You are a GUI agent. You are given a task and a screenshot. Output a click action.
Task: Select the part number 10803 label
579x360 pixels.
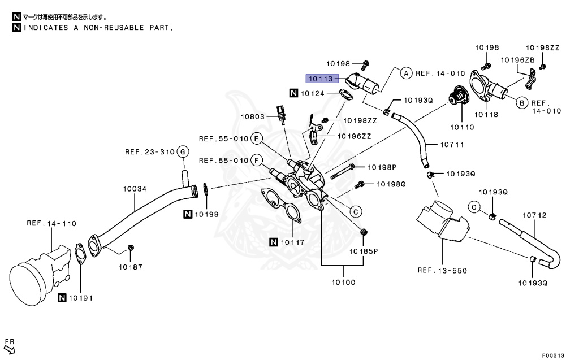[252, 117]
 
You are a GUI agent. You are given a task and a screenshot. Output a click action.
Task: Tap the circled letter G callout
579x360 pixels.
[182, 151]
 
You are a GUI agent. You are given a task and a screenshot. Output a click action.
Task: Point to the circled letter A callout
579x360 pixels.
[406, 73]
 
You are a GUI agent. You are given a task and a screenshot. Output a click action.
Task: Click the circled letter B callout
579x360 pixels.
[521, 102]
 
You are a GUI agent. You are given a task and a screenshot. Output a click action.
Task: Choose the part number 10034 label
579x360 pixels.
[134, 190]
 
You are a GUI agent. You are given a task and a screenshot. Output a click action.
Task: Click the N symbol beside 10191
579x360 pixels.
[62, 298]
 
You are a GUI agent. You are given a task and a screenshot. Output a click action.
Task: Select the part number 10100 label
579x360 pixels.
[343, 281]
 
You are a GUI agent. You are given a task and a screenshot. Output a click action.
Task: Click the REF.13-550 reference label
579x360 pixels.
[442, 271]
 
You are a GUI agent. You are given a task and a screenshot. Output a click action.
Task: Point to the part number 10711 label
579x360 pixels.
[452, 145]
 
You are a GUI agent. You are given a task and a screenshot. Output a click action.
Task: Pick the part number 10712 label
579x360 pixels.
[534, 215]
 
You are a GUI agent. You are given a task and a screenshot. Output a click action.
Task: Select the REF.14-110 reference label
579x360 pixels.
[51, 223]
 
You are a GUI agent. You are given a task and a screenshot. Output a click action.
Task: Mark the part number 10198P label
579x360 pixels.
[382, 167]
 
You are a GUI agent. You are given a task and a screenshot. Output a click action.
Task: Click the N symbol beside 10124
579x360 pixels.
[294, 93]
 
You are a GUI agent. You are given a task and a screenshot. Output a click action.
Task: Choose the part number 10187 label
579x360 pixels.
[131, 266]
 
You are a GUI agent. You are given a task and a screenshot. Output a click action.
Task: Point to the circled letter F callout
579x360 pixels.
[256, 161]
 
